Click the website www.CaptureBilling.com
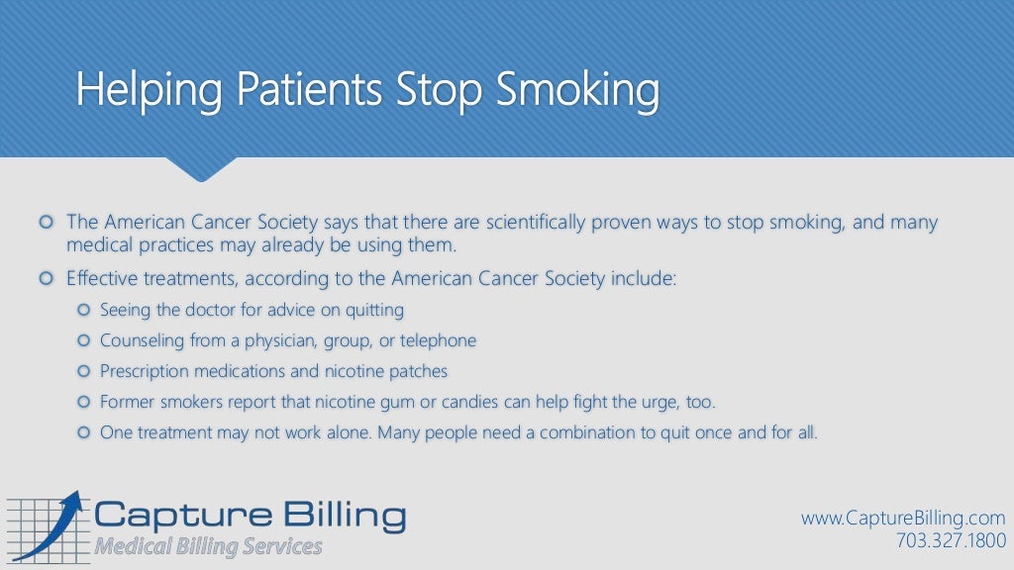click(903, 519)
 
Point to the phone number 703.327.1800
click(950, 540)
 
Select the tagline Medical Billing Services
click(209, 546)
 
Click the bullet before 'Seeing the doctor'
click(83, 311)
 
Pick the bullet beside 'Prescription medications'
click(83, 372)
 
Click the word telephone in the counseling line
click(438, 341)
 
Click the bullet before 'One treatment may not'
click(83, 432)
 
